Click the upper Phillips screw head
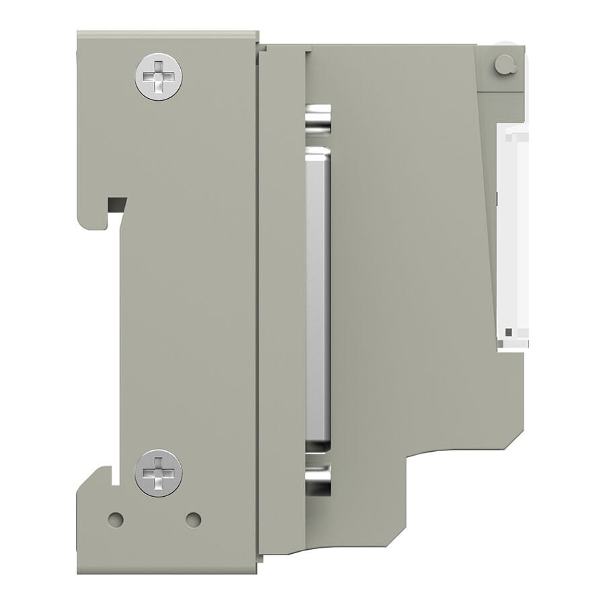[159, 77]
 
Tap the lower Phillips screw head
[159, 473]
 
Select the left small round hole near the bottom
[116, 520]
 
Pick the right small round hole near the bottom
[193, 520]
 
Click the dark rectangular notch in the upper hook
[117, 203]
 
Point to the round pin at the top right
[503, 65]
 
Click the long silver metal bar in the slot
[318, 296]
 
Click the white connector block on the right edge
[512, 235]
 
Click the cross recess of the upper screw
[159, 77]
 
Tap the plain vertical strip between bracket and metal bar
[282, 302]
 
